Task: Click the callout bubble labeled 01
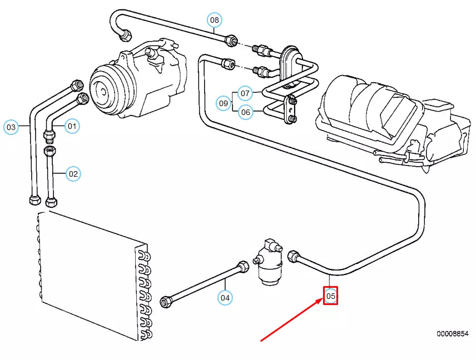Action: [72, 126]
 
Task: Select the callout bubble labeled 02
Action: [73, 174]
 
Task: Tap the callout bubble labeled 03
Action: [11, 127]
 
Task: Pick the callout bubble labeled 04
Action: [225, 298]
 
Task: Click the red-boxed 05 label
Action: [331, 297]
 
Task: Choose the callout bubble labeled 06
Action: [246, 112]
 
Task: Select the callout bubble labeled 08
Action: [215, 21]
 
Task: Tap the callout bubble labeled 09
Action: [224, 103]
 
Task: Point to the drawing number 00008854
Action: [452, 334]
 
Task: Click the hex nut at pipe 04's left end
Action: [165, 302]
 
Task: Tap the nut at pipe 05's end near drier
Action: [294, 257]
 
